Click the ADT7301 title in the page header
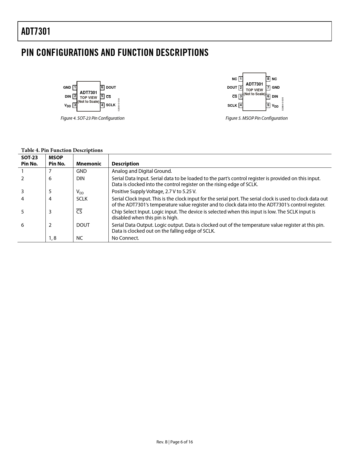pos(36,31)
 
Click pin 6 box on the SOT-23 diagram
pos(102,88)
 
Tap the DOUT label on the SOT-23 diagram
pos(111,88)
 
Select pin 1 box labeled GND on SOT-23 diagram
pos(75,88)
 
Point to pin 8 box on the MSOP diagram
pos(268,79)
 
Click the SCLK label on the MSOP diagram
pos(232,105)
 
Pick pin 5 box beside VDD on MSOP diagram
pos(268,105)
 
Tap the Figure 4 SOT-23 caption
pos(92,118)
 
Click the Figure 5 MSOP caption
pos(256,118)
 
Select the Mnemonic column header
pos(89,164)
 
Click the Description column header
pos(125,164)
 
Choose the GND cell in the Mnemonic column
pos(81,171)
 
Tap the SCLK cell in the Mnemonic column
pos(82,199)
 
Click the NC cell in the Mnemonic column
pos(80,238)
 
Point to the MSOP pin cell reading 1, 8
pos(53,238)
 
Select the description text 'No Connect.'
pos(125,238)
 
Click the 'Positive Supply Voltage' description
pos(154,191)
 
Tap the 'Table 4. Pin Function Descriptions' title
pos(62,150)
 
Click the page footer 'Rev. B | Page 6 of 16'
pos(174,442)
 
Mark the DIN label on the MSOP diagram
pos(275,97)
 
